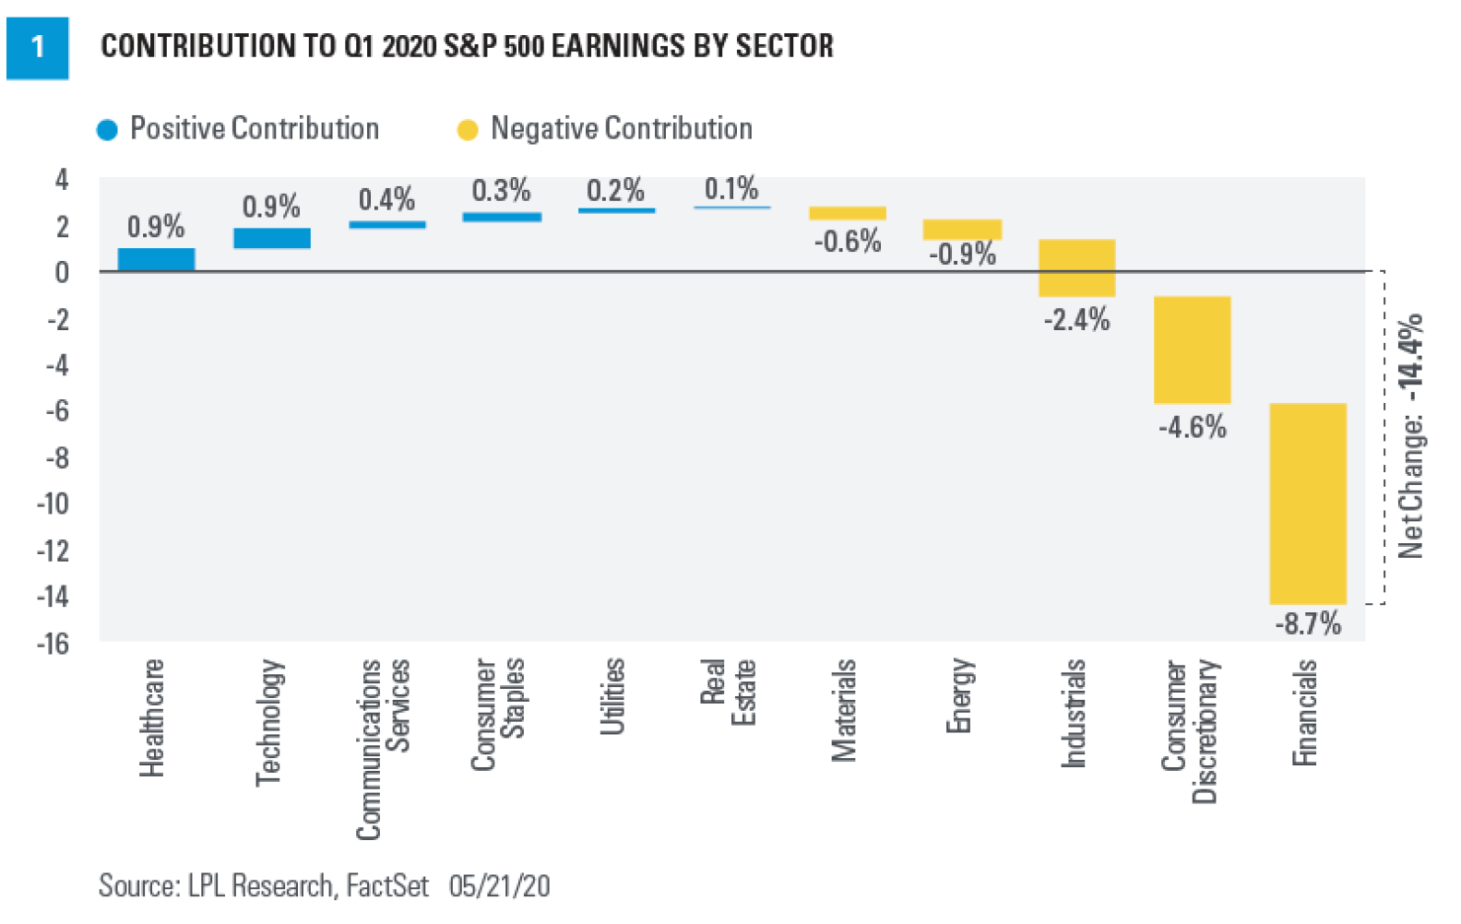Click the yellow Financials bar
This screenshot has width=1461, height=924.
pos(1307,503)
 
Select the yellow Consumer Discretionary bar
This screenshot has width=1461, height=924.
pos(1192,349)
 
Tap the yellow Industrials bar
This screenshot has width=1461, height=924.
pos(1076,267)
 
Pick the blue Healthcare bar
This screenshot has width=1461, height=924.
pos(156,259)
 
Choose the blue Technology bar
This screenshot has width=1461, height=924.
pos(272,238)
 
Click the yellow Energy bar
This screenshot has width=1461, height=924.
pos(962,230)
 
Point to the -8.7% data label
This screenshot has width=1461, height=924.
pos(1307,624)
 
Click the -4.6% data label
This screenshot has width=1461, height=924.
pos(1192,428)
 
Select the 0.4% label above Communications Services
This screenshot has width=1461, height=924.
pos(386,200)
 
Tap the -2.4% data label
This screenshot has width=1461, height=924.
pos(1076,320)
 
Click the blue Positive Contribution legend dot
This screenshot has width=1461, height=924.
pos(107,130)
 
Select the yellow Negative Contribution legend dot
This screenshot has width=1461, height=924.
pos(468,130)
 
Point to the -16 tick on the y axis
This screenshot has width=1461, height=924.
pos(53,644)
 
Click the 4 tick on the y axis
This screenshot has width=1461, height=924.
pos(62,179)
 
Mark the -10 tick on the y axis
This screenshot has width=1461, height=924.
pos(53,504)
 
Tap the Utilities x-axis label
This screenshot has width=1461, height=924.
pos(612,696)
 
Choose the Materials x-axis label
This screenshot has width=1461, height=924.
pos(844,710)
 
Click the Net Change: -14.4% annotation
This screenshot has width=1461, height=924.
pos(1410,436)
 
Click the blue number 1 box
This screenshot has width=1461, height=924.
pos(37,47)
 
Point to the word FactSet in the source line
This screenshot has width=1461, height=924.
pos(386,886)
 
